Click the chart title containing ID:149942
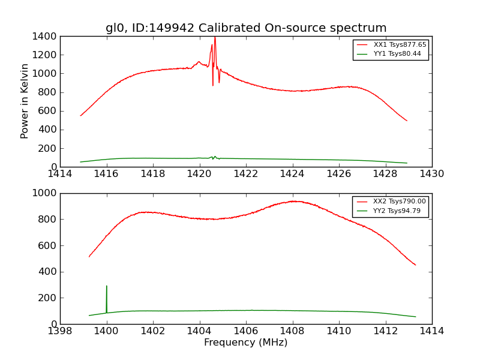tap(246, 28)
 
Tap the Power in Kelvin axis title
tap(25, 101)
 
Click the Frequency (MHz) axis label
tap(246, 343)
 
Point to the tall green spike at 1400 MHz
tap(107, 287)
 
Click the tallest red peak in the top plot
tap(215, 38)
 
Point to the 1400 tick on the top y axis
tap(46, 37)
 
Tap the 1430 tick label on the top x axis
tap(432, 174)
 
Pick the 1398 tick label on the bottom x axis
tap(60, 331)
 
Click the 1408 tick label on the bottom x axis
tap(293, 331)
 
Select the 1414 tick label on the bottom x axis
tap(432, 331)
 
